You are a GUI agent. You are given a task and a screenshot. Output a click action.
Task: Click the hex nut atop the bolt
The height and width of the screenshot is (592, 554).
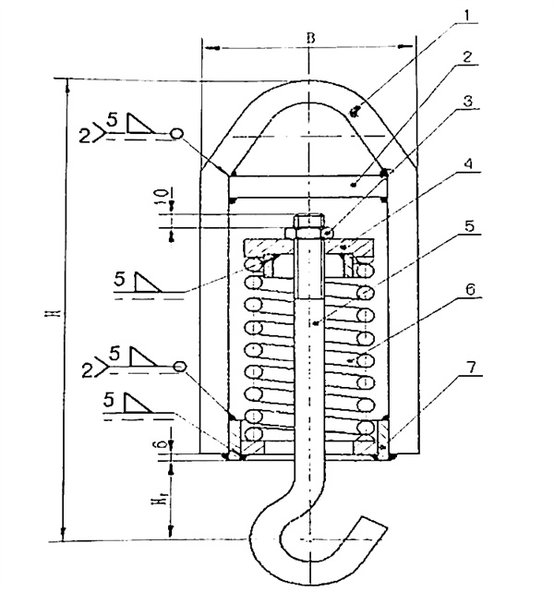(307, 224)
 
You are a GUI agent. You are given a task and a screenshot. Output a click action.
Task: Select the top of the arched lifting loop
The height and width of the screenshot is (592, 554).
(307, 86)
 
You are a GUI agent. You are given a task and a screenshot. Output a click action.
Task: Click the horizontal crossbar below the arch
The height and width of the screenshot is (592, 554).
(307, 185)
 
